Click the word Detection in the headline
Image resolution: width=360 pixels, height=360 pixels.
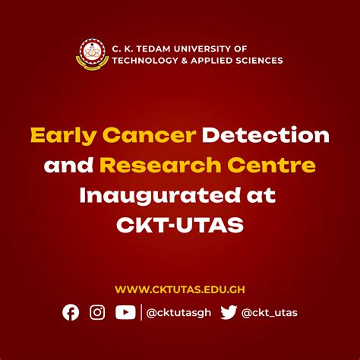coord(264,137)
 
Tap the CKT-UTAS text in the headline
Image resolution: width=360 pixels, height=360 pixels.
coord(179,226)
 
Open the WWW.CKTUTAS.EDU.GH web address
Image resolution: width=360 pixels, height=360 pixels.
coord(179,289)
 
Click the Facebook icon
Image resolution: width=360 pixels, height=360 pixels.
coord(71,312)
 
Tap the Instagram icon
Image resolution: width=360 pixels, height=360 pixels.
coord(97,312)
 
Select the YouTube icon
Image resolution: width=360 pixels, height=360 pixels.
coord(125,312)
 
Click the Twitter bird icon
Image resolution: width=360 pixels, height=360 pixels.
coord(228,312)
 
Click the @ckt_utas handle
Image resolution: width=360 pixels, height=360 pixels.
coord(269,313)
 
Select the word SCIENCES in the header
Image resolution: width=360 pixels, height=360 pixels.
coord(257,60)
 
